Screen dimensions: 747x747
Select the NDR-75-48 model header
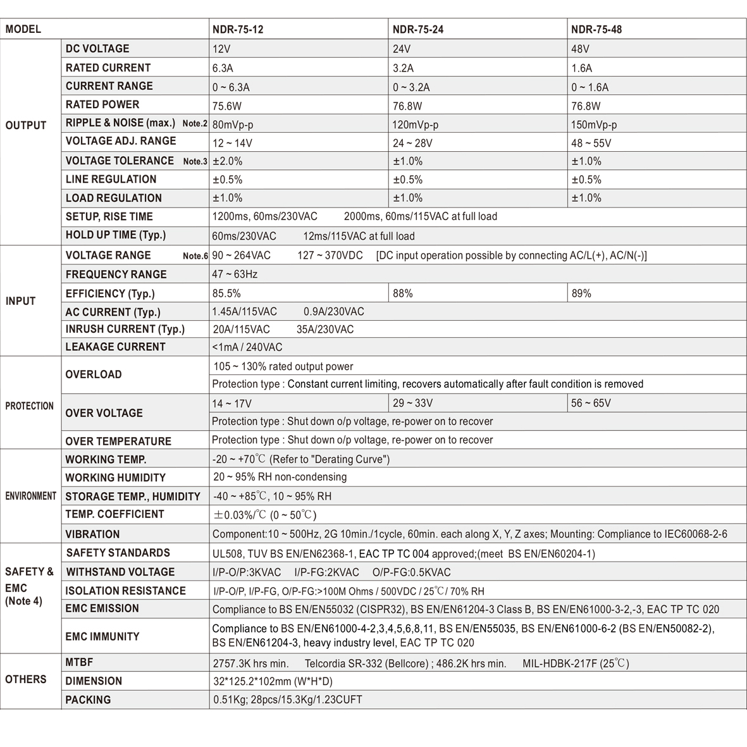pyautogui.click(x=596, y=29)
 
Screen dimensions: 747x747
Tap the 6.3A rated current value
pyautogui.click(x=223, y=68)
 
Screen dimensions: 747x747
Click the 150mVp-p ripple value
pyautogui.click(x=593, y=125)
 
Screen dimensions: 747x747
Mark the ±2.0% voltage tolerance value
pyautogui.click(x=228, y=161)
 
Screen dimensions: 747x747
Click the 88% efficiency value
pyautogui.click(x=403, y=293)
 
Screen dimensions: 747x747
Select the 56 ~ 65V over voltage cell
pyautogui.click(x=591, y=403)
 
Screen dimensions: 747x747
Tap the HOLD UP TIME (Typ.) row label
pyautogui.click(x=116, y=235)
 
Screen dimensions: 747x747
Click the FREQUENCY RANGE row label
pyautogui.click(x=116, y=275)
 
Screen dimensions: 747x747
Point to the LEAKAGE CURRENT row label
pyautogui.click(x=115, y=347)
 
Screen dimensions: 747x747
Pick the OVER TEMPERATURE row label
pyautogui.click(x=118, y=441)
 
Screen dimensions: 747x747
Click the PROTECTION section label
pyautogui.click(x=30, y=406)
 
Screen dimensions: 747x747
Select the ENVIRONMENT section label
pyautogui.click(x=31, y=496)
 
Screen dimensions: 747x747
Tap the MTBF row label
pyautogui.click(x=79, y=662)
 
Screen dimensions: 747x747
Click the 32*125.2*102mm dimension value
pyautogui.click(x=273, y=681)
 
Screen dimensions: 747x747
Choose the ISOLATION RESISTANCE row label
pyautogui.click(x=126, y=591)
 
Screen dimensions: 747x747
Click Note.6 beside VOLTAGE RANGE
pyautogui.click(x=195, y=256)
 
